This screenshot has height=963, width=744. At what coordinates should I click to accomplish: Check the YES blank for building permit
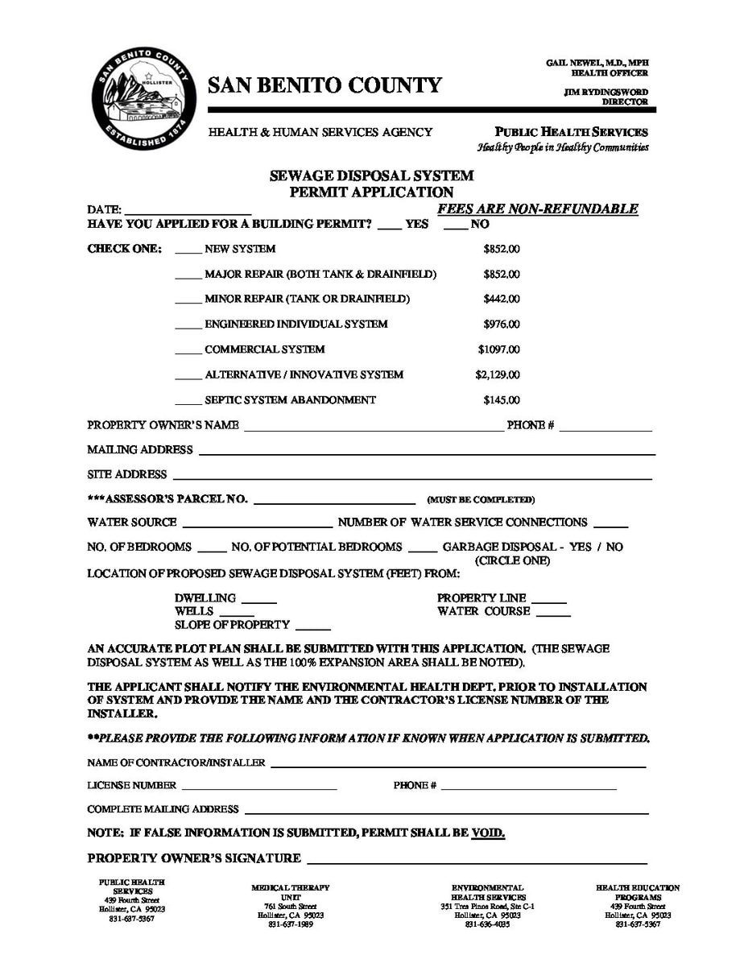tap(389, 227)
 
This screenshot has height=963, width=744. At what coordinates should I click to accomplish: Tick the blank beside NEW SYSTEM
tap(188, 252)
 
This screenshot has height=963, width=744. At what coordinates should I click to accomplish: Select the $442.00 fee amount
tap(501, 299)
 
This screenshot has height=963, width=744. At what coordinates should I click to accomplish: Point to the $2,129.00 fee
tap(498, 374)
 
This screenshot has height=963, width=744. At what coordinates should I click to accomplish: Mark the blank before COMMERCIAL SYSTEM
tap(188, 353)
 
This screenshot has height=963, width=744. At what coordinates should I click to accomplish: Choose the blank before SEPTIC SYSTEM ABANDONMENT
tap(188, 403)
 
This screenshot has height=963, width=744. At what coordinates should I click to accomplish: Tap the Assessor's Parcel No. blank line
tap(334, 502)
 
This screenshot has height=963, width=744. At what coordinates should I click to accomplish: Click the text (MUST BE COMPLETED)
tap(481, 500)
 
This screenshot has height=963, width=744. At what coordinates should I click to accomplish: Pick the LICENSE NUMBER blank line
tap(259, 788)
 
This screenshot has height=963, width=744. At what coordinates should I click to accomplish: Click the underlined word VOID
tap(488, 833)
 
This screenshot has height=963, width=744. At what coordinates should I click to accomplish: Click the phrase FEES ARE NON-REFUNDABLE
tap(538, 209)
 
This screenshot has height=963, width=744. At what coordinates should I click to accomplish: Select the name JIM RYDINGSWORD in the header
tap(606, 93)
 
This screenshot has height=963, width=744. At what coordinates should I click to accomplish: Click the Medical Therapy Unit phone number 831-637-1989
tap(290, 924)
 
